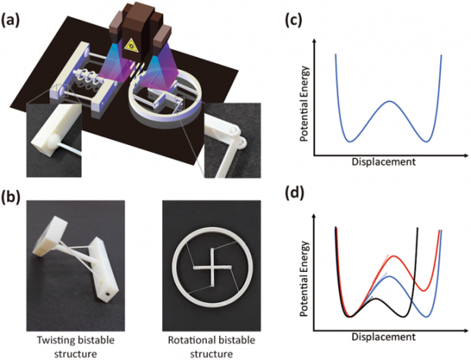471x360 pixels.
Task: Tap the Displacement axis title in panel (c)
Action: click(383, 163)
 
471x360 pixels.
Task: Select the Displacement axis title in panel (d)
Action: click(383, 338)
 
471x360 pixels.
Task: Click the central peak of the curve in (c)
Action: click(389, 101)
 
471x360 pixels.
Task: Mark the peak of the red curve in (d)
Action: click(395, 256)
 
